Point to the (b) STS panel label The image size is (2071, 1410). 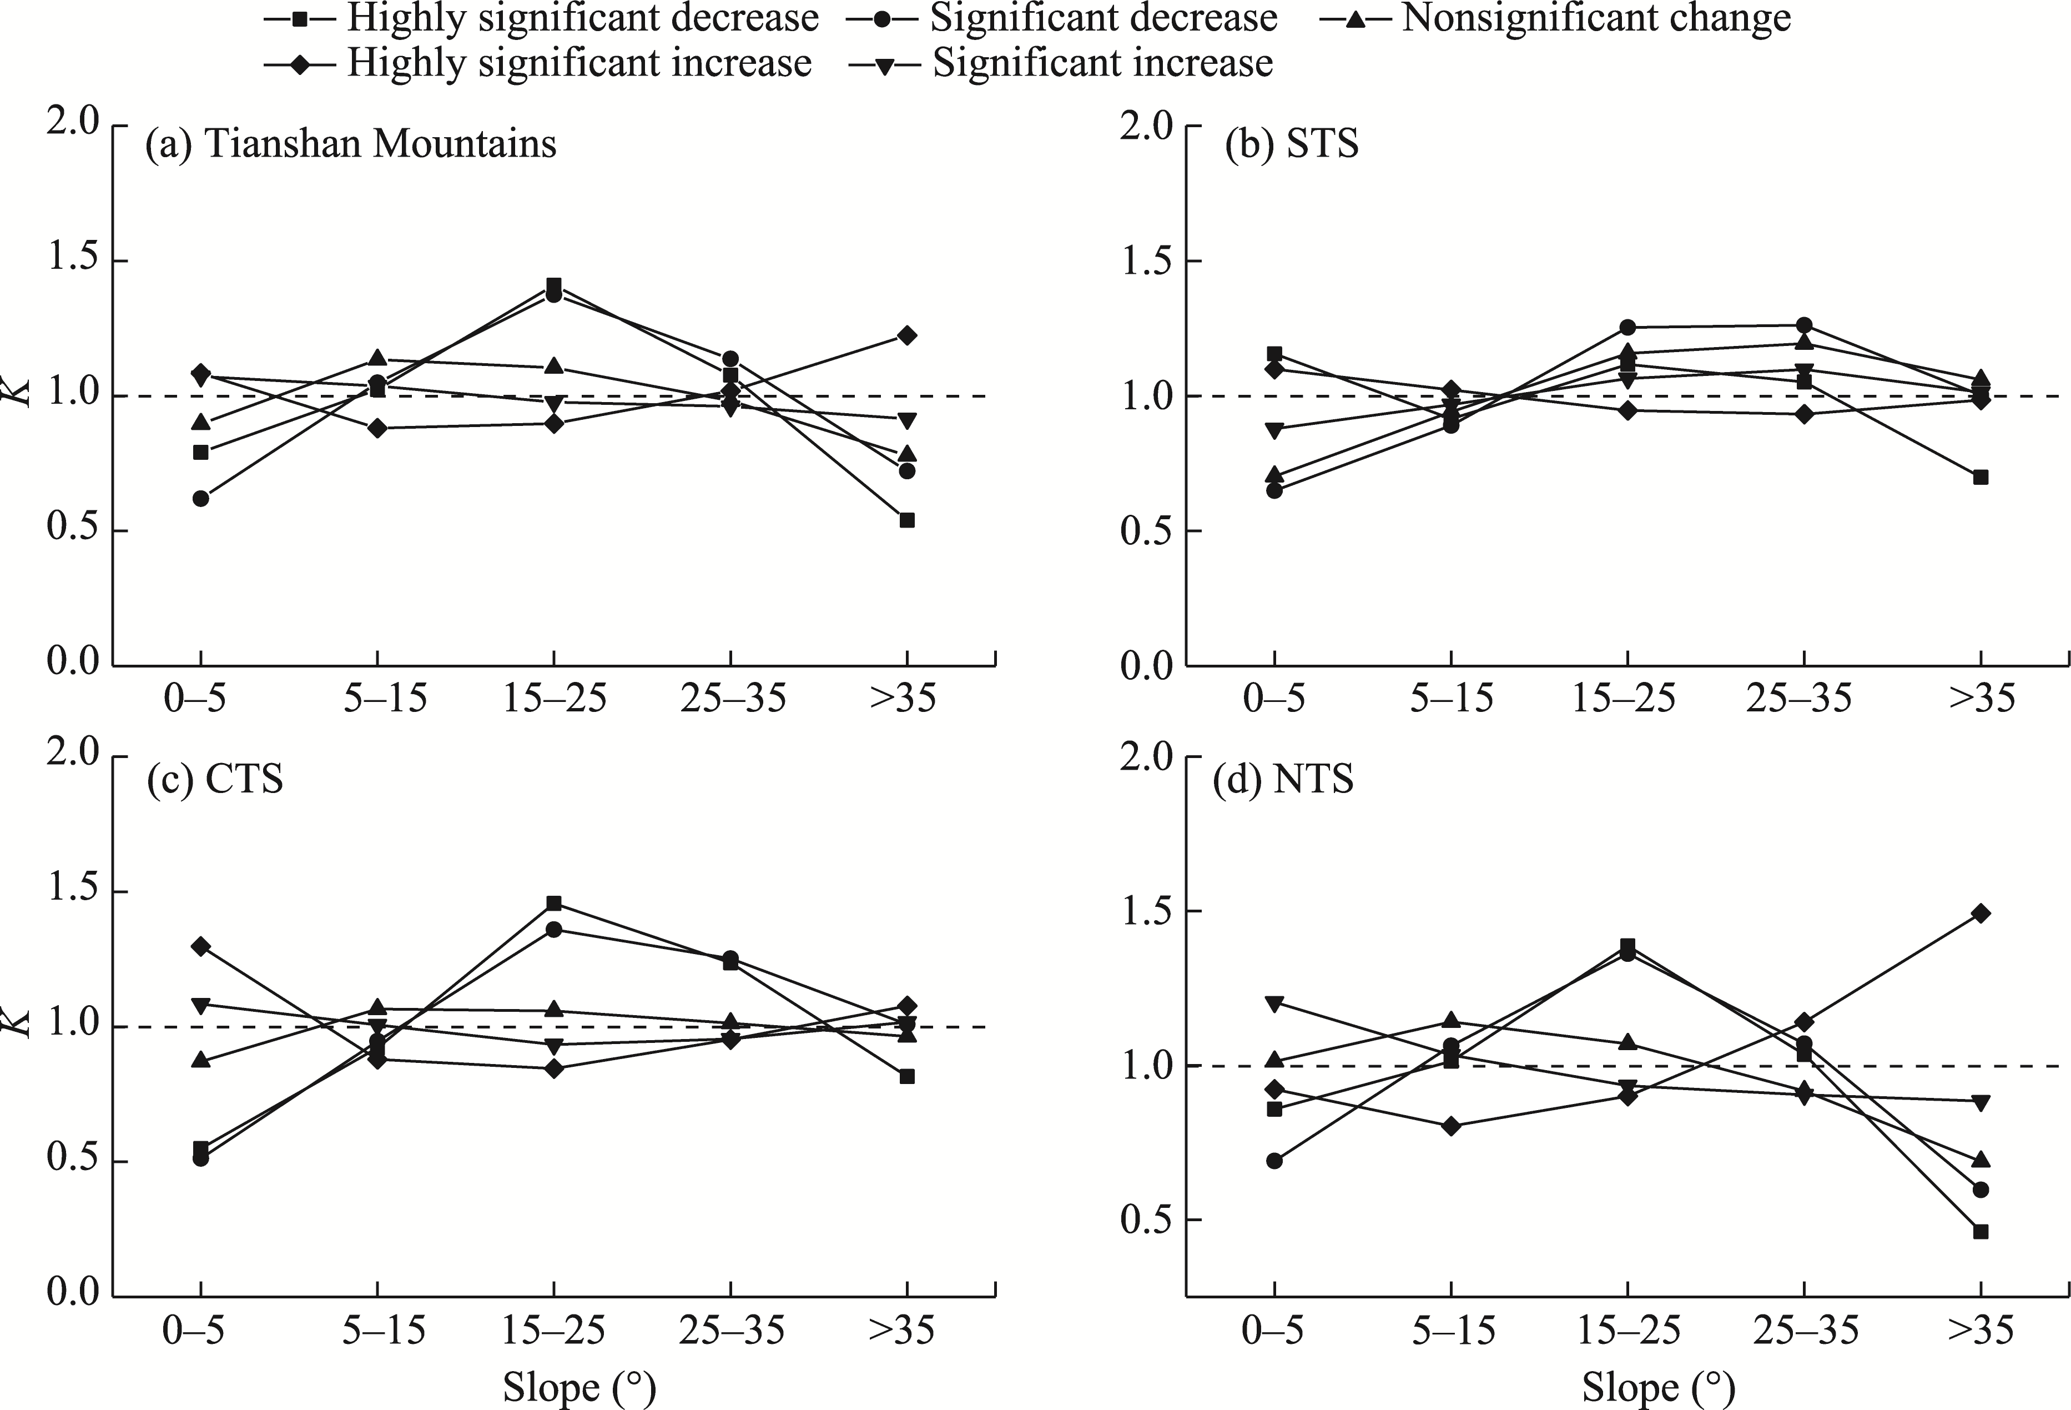click(x=1292, y=143)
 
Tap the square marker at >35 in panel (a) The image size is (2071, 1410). click(x=907, y=520)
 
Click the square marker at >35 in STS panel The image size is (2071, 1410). click(x=1981, y=477)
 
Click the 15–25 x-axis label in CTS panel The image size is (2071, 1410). click(x=553, y=1332)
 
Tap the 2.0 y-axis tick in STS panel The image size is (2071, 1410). click(x=1148, y=126)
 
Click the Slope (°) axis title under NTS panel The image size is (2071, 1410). click(x=1659, y=1388)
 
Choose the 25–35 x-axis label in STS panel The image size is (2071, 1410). click(x=1799, y=700)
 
